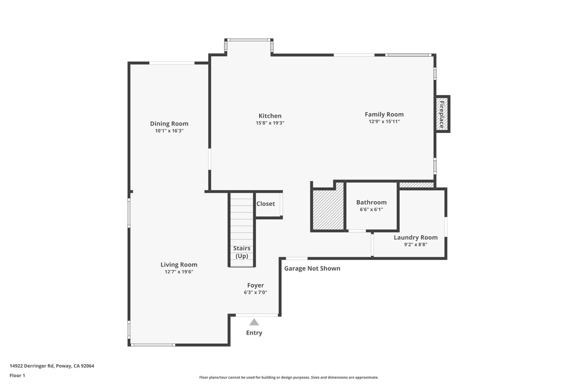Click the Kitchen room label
[270, 116]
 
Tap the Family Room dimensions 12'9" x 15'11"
[384, 122]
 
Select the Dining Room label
[169, 124]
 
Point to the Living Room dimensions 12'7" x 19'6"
[179, 272]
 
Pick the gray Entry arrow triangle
[254, 322]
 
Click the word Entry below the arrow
[254, 333]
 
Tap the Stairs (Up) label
[242, 252]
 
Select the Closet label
[266, 204]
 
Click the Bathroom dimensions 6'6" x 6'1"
[371, 209]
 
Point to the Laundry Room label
[416, 237]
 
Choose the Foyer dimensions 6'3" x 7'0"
[255, 293]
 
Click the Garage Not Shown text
[312, 269]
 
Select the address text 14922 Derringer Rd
[32, 366]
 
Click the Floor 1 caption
[17, 376]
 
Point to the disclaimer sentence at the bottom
[289, 377]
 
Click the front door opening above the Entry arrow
[257, 315]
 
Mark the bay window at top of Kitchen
[249, 40]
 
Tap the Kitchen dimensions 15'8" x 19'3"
[270, 123]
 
